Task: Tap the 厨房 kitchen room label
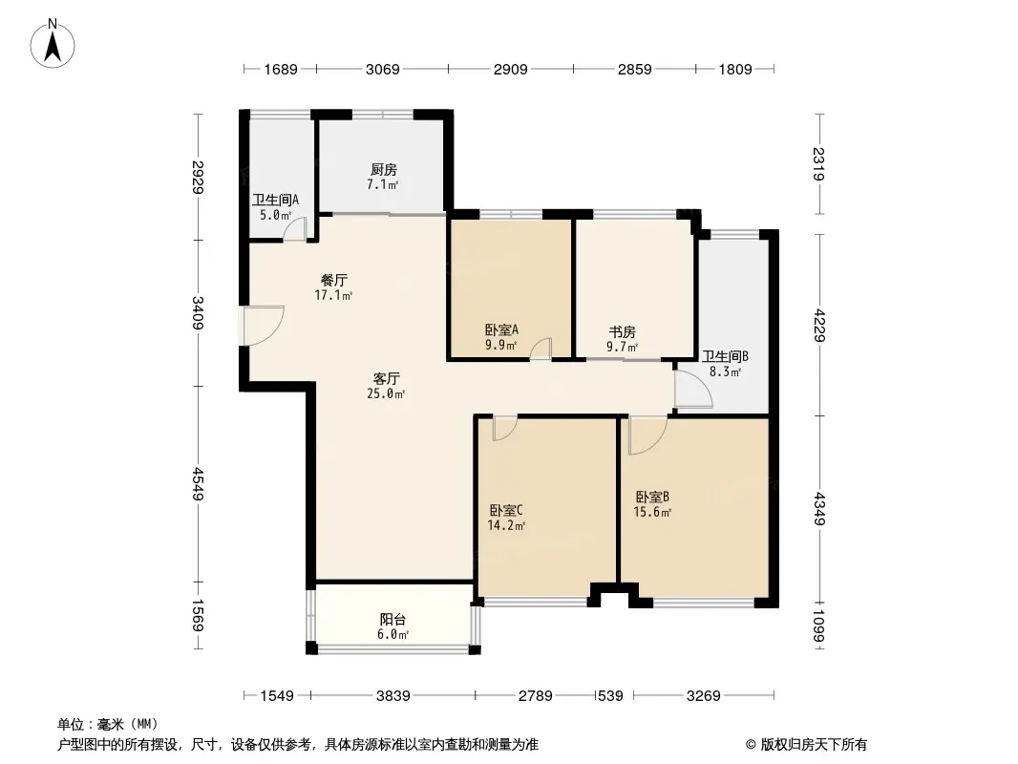[384, 169]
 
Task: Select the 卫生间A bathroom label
[275, 200]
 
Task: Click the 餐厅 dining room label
[333, 281]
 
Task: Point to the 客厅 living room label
[387, 378]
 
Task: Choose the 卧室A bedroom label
[502, 329]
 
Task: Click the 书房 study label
[622, 331]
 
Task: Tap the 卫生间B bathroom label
[725, 356]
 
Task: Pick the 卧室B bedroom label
[652, 498]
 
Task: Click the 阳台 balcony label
[392, 619]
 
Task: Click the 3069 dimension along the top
[382, 69]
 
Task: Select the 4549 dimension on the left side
[198, 484]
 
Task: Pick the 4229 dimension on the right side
[819, 325]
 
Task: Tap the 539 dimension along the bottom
[610, 696]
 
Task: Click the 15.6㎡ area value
[652, 512]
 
